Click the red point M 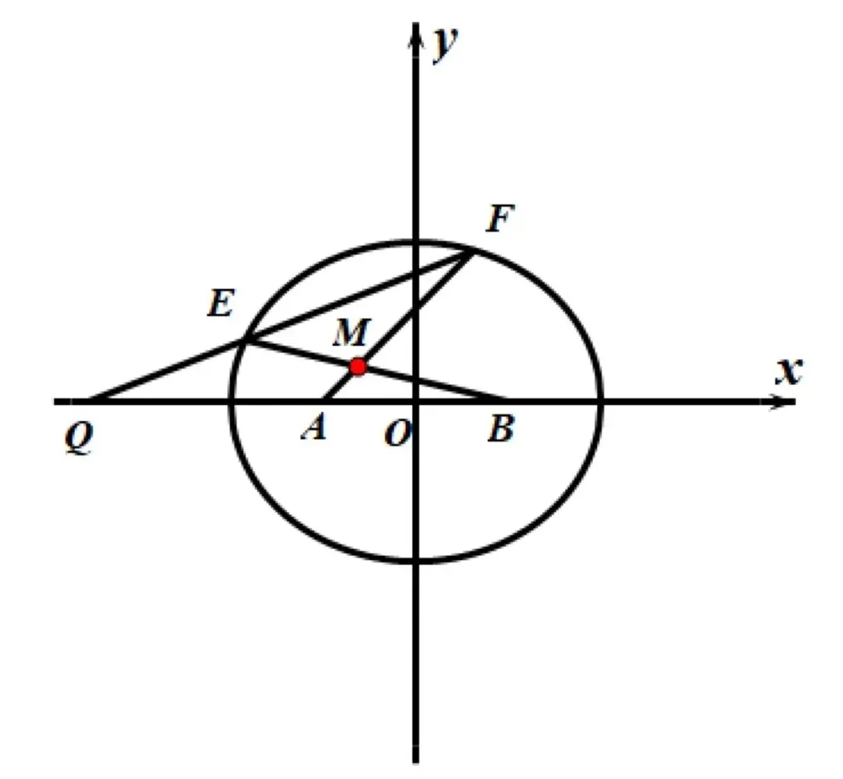[357, 366]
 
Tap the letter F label [500, 221]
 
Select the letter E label [220, 305]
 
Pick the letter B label [500, 430]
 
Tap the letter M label [348, 335]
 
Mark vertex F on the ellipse [471, 251]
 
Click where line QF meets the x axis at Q [90, 402]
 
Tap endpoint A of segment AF [323, 401]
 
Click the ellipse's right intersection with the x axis [601, 402]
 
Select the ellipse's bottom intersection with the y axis [416, 560]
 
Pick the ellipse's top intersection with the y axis [416, 243]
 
